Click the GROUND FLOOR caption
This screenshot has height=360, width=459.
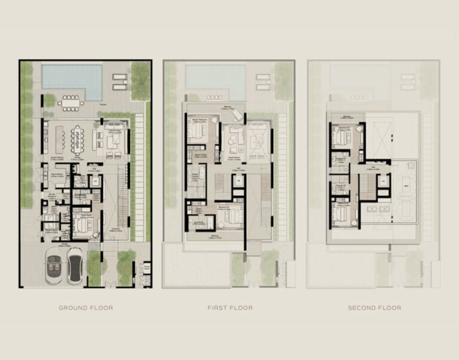point(85,308)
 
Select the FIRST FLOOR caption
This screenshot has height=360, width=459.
point(229,308)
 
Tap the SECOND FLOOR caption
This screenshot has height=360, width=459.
point(374,308)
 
